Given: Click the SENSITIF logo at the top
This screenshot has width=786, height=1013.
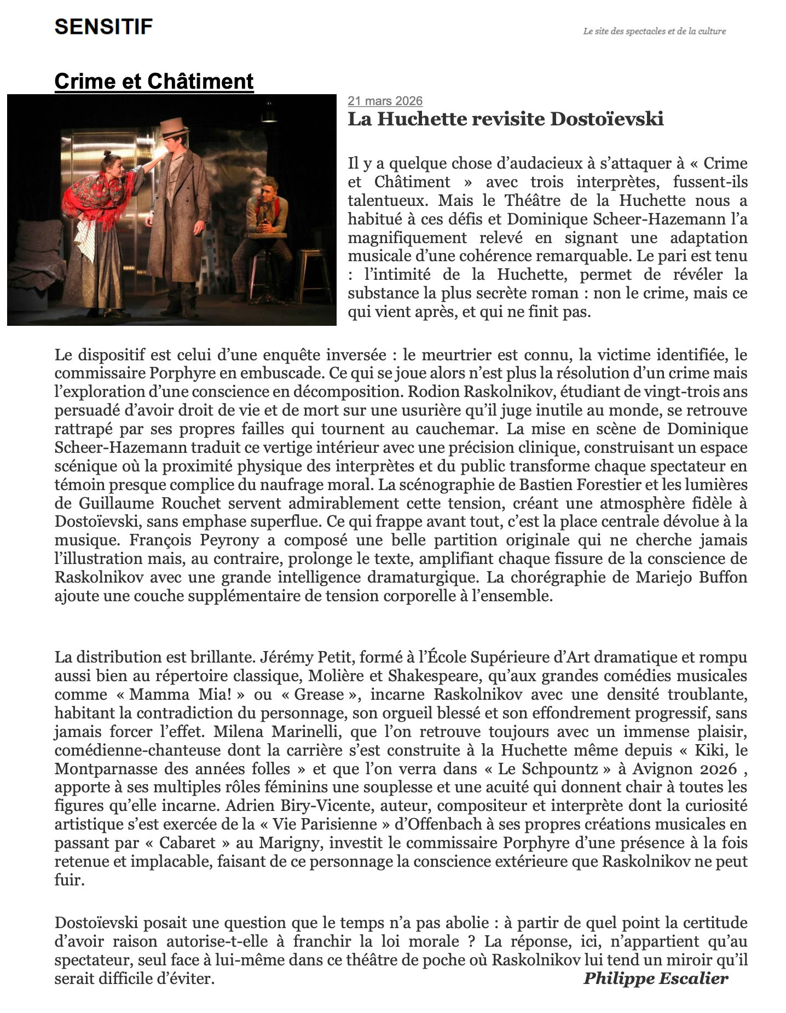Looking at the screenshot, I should click(103, 26).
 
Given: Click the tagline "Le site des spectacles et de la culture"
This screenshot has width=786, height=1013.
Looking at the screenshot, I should click(654, 31).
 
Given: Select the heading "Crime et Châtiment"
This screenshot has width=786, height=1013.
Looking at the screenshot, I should click(154, 81).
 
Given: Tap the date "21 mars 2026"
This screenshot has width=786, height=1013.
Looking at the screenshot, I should click(385, 101).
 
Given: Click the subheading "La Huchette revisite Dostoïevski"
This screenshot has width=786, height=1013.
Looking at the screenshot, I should click(505, 119).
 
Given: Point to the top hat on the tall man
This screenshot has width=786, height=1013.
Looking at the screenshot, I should click(174, 130).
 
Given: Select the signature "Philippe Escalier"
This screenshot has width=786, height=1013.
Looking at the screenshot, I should click(655, 978).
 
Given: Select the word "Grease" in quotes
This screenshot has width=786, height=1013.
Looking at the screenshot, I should click(319, 694).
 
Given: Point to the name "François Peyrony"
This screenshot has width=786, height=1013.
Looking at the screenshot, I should click(194, 540).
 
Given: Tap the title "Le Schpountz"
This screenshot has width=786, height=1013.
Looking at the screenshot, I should click(548, 768).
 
